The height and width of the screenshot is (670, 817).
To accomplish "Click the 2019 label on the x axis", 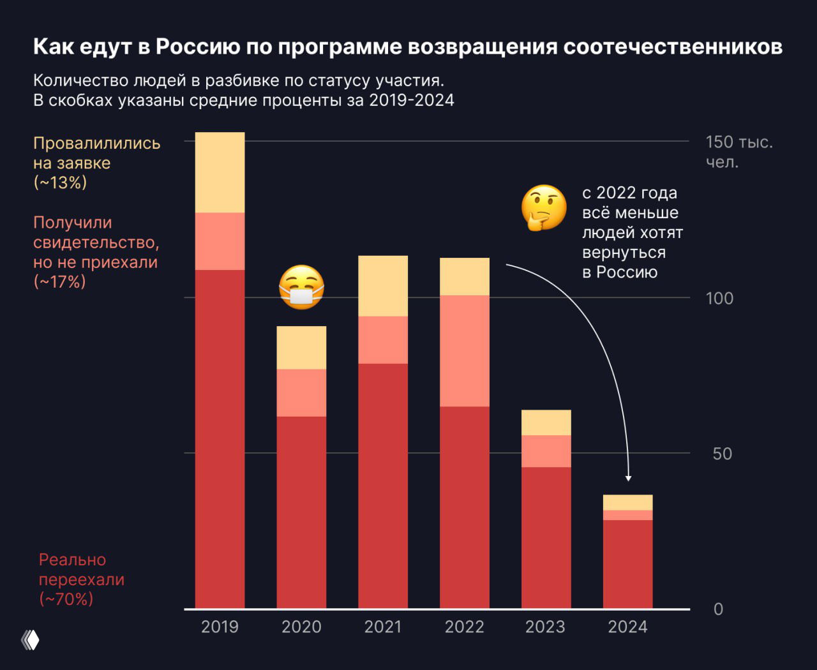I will [x=220, y=627].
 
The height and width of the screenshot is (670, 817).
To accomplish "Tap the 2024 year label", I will [x=627, y=627].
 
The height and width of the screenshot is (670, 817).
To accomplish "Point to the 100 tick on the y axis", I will [x=719, y=298].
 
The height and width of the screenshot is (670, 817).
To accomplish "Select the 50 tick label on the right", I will [x=722, y=454].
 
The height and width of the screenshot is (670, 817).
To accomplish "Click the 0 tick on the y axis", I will [x=718, y=609].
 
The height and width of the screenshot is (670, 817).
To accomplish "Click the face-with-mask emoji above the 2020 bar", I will [x=301, y=288].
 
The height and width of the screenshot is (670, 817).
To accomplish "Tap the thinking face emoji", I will [x=544, y=207].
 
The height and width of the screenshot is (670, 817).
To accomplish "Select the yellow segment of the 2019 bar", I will [x=220, y=172].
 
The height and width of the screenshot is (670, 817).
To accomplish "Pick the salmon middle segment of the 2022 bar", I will [x=465, y=350].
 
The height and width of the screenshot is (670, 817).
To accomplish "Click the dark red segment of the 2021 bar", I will [x=383, y=485].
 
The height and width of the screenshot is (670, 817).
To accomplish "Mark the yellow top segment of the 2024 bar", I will [x=627, y=502].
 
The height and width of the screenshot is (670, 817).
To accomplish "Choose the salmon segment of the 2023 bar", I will [x=546, y=451].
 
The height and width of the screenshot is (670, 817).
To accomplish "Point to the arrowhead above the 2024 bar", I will [x=629, y=477].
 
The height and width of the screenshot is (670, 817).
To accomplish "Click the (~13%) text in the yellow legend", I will [x=60, y=183].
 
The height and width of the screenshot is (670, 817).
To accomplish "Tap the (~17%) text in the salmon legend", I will [x=59, y=282].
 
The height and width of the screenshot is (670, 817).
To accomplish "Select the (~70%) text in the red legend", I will [x=66, y=599].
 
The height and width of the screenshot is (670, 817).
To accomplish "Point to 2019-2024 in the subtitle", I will [x=412, y=101].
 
